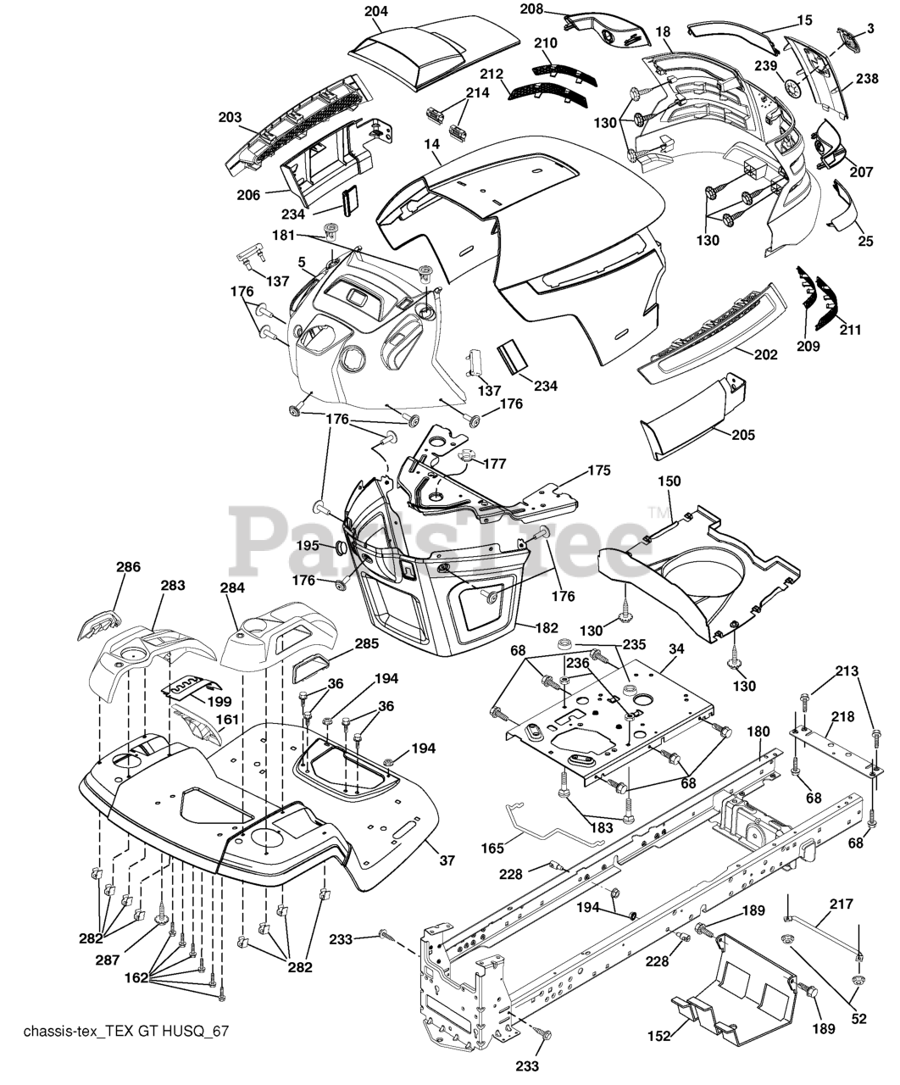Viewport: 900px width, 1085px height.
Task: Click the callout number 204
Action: pos(376,12)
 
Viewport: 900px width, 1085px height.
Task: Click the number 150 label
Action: pos(669,481)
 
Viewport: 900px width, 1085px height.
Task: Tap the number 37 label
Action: pos(447,860)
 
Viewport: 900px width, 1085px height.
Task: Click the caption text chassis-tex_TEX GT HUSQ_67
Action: pos(127,1032)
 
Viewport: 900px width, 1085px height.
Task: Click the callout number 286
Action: pos(128,567)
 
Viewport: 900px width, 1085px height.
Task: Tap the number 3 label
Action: pos(869,30)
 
